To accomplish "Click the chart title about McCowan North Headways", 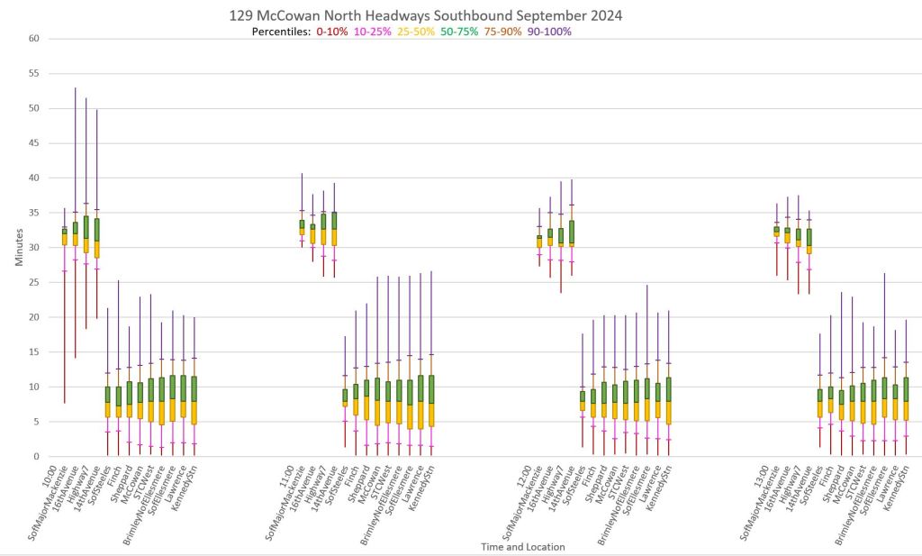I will tap(426, 16).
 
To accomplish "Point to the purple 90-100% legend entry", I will tap(549, 32).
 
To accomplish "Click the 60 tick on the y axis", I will tap(34, 39).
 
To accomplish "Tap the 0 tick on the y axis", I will tap(37, 457).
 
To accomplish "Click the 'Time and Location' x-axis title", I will tap(523, 546).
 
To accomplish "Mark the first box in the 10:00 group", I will tap(65, 237).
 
